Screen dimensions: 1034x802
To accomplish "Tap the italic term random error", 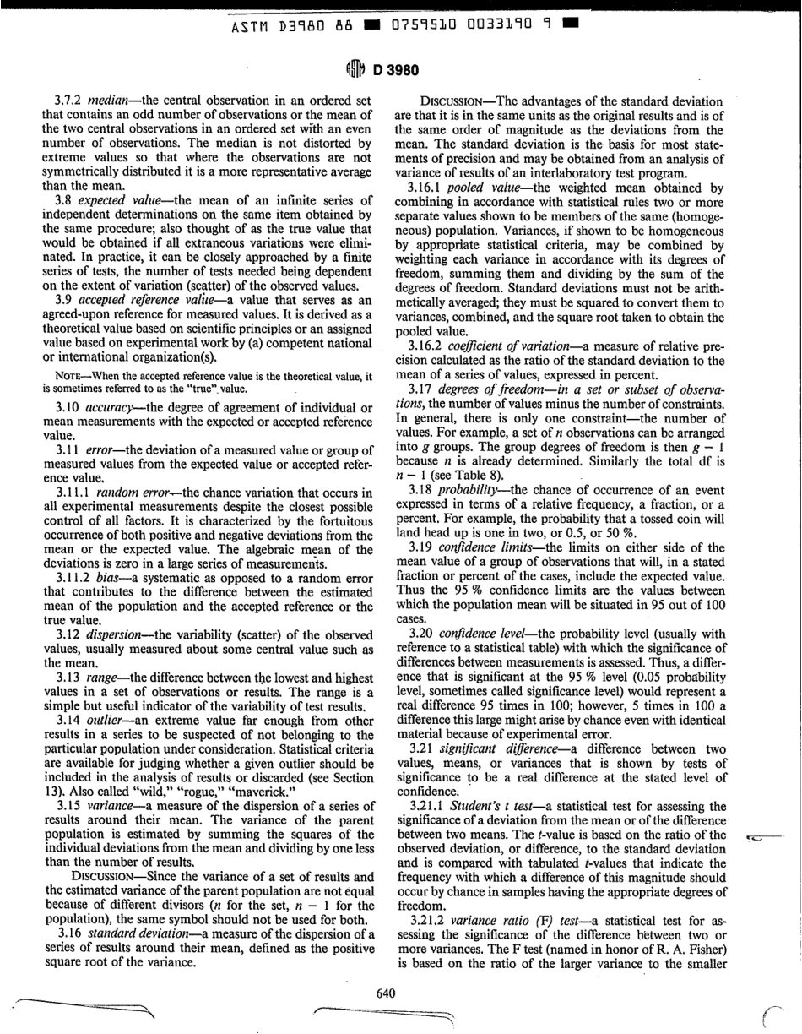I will [x=129, y=467].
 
